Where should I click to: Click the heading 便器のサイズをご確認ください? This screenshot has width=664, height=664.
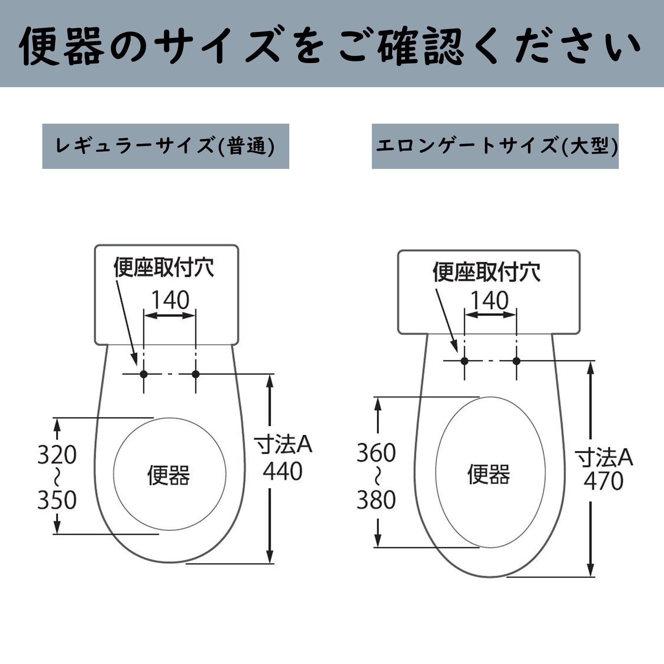[x=330, y=45]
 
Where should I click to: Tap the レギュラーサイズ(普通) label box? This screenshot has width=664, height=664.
[x=166, y=146]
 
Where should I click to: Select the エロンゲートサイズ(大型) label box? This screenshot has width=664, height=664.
[x=495, y=146]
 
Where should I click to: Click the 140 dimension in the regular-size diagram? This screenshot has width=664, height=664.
[x=170, y=300]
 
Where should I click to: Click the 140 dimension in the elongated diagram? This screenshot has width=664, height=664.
[x=490, y=300]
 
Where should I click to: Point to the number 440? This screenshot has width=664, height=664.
[x=283, y=471]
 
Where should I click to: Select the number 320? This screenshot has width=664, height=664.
[x=57, y=455]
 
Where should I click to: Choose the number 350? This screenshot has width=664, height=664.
[x=57, y=500]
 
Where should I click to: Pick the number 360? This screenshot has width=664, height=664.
[x=376, y=453]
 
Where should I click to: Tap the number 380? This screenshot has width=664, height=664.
[x=376, y=500]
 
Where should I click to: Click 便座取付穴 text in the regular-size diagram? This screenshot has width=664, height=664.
[x=164, y=267]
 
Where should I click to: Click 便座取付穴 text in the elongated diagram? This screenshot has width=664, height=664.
[x=486, y=272]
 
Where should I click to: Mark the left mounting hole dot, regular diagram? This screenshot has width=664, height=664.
[x=144, y=374]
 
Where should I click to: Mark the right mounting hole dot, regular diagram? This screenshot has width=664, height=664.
[x=195, y=374]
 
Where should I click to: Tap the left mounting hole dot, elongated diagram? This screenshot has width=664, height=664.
[x=464, y=361]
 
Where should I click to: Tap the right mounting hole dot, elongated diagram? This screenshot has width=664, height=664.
[x=516, y=361]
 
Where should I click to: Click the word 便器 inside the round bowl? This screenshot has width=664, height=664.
[x=168, y=475]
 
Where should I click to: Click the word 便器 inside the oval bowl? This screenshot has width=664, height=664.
[x=488, y=474]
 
